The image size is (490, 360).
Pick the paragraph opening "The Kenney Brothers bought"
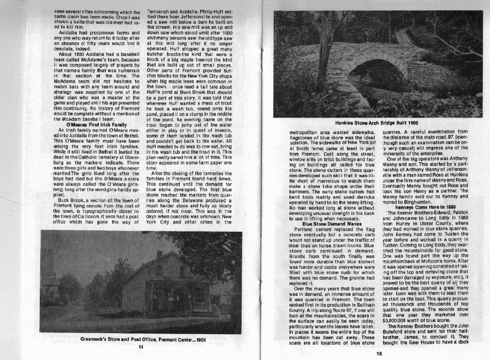tap(422, 327)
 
